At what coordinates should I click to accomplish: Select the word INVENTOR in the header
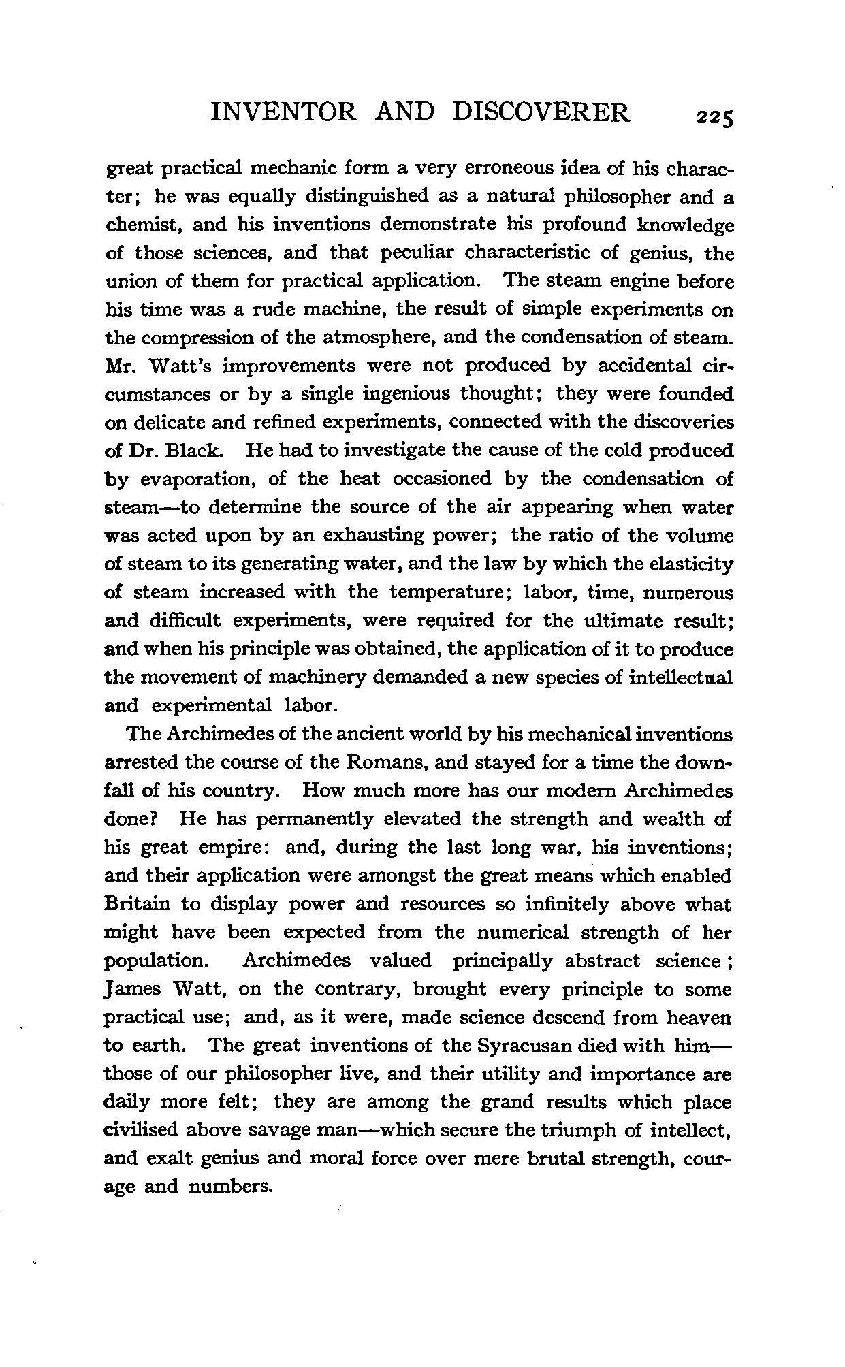(284, 112)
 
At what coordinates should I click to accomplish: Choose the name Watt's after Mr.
(179, 366)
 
